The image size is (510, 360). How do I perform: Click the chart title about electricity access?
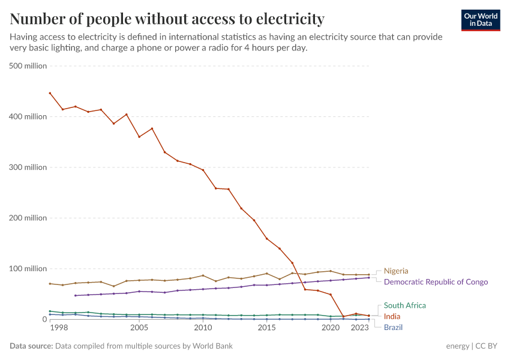pos(167,19)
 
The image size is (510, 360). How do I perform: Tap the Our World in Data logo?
pos(481,20)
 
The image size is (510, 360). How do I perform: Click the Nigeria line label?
pos(396,271)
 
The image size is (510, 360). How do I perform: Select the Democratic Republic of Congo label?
pos(436,282)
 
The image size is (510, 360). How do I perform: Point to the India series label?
pos(392,317)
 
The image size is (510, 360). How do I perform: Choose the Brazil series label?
pos(393,328)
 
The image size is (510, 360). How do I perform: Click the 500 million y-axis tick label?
pos(28,66)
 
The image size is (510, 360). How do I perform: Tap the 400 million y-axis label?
pos(28,116)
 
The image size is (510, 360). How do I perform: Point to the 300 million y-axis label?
pos(28,167)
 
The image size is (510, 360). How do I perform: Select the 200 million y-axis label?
pos(28,218)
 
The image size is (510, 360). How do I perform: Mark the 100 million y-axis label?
pos(28,269)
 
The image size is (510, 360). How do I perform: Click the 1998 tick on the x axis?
pos(58,328)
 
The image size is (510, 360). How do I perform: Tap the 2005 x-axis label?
pos(139,328)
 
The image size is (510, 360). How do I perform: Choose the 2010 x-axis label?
pos(203,328)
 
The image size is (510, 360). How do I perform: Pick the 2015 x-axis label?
pos(266,328)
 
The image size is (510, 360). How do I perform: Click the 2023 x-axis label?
pos(359,328)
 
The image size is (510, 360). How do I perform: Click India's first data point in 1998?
pos(50,93)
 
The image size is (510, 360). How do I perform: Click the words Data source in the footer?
pos(31,346)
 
